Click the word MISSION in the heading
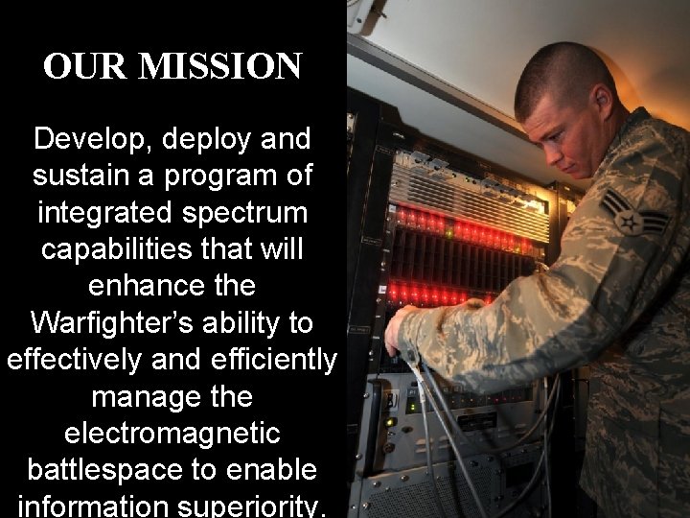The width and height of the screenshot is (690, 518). click(219, 67)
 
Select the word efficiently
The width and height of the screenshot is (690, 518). click(273, 360)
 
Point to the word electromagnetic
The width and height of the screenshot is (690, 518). click(172, 433)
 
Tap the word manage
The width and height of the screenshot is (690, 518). click(144, 396)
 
